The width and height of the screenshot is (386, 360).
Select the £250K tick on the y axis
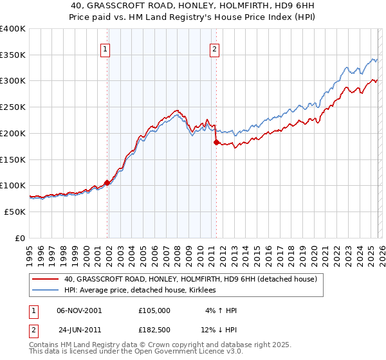point(13,107)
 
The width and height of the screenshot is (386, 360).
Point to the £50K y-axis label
point(15,212)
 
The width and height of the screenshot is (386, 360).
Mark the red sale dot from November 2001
point(107,183)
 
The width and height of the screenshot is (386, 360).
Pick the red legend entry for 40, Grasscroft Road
point(190,280)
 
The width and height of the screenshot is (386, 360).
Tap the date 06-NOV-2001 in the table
point(79,310)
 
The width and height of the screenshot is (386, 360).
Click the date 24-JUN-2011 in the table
point(79,330)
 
